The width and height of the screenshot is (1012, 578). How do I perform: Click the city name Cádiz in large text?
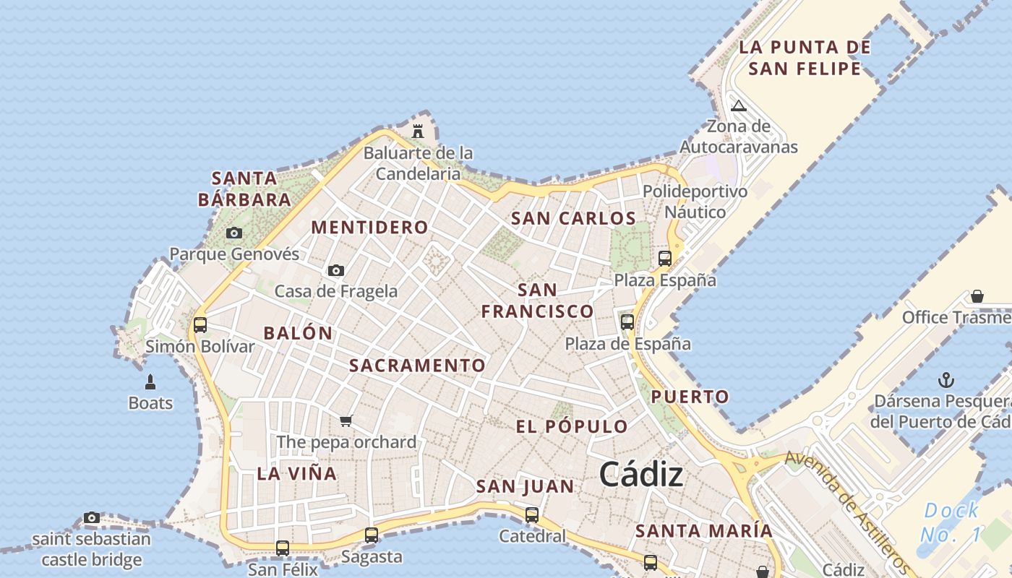(x=641, y=475)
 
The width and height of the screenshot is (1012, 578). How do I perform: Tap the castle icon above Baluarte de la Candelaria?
(x=417, y=131)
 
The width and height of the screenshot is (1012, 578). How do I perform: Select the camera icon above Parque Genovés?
(x=233, y=233)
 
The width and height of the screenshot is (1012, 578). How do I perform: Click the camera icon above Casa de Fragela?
(x=336, y=270)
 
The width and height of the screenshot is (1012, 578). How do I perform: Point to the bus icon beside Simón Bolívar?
(x=200, y=325)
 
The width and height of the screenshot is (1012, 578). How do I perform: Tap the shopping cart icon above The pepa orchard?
(x=346, y=420)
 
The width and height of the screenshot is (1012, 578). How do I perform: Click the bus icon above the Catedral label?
(x=532, y=515)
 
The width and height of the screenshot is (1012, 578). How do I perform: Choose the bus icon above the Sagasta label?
(x=372, y=535)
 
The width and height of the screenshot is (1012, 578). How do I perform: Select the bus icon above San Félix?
(x=283, y=548)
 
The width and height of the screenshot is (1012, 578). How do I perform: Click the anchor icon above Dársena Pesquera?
(x=945, y=380)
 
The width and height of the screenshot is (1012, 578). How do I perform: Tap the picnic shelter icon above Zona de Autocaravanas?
(x=738, y=105)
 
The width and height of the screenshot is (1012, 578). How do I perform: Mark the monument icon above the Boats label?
(x=150, y=381)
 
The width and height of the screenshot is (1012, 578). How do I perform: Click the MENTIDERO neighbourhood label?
(x=369, y=228)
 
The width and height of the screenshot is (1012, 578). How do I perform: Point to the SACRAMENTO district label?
(x=417, y=366)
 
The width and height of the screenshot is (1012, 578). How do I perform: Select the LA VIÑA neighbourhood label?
(x=297, y=474)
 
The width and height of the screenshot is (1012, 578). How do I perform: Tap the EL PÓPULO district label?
(x=572, y=426)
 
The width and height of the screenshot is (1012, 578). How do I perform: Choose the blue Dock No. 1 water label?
(x=951, y=522)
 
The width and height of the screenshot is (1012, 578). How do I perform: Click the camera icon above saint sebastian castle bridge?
(x=91, y=517)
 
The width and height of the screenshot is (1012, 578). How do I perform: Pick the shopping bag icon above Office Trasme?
(x=977, y=296)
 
